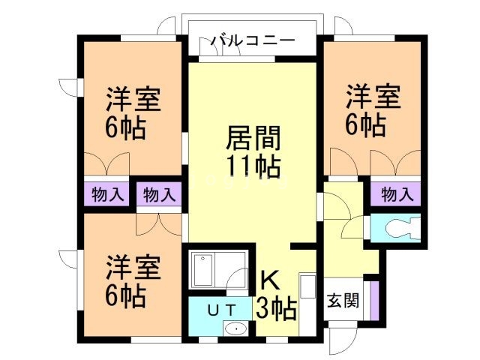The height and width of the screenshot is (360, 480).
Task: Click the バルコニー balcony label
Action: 253,40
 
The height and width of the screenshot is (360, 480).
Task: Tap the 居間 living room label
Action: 253,139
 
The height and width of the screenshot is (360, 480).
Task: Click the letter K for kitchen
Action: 270,280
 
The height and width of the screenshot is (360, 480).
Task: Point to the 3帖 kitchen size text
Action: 276,307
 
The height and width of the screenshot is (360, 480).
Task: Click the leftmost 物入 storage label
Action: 108,195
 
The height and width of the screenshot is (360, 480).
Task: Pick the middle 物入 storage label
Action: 159,195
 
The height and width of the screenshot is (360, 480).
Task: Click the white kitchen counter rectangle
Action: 306,296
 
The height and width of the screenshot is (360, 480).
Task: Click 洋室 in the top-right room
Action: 373,97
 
